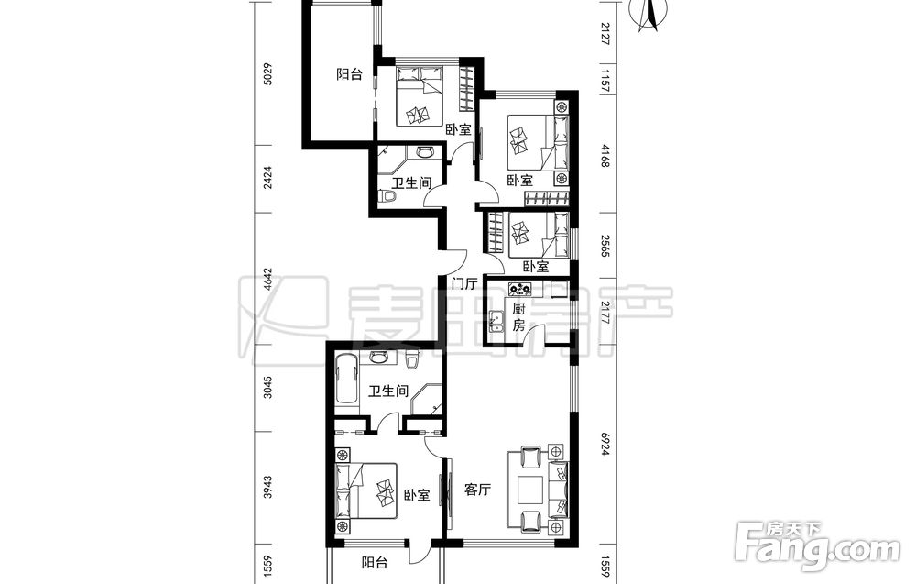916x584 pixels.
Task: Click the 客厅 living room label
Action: click(x=477, y=490)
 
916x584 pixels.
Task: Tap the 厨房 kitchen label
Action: click(x=518, y=317)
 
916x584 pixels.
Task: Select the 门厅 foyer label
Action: click(x=464, y=284)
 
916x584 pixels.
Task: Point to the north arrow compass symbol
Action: click(x=648, y=15)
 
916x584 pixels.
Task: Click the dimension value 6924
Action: click(x=605, y=445)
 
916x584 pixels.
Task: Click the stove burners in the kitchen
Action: click(x=519, y=288)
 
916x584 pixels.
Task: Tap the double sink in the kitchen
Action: click(x=498, y=321)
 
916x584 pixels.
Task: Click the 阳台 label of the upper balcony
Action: click(x=349, y=74)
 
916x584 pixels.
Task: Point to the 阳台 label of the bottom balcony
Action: click(x=375, y=563)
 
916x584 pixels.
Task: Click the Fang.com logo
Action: click(x=817, y=547)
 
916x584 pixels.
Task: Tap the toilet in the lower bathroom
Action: click(x=413, y=359)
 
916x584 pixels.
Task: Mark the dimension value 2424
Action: click(x=268, y=177)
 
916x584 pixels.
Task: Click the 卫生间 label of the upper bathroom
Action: click(x=411, y=182)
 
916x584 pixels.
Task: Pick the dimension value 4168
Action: click(x=605, y=157)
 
